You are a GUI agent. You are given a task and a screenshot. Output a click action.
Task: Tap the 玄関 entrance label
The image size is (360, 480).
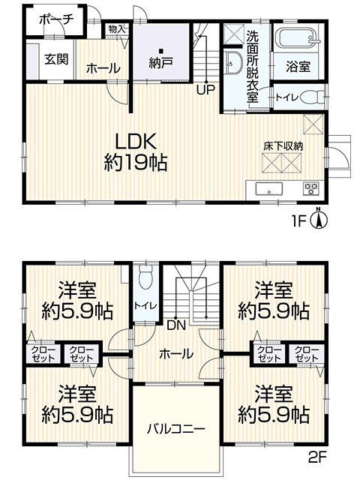pos(54,58)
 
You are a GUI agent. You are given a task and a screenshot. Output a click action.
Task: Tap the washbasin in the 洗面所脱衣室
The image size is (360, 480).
pos(232,62)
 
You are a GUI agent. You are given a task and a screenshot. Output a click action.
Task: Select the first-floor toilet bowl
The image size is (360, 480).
pos(318,96)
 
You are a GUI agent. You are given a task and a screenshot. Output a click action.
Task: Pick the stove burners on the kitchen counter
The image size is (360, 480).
pos(310,187)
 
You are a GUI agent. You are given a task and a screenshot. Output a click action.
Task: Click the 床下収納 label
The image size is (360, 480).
pos(283,146)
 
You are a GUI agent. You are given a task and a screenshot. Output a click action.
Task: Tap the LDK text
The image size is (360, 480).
pos(135,140)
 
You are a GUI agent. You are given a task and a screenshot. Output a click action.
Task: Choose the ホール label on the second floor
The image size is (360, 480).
pos(176,354)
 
